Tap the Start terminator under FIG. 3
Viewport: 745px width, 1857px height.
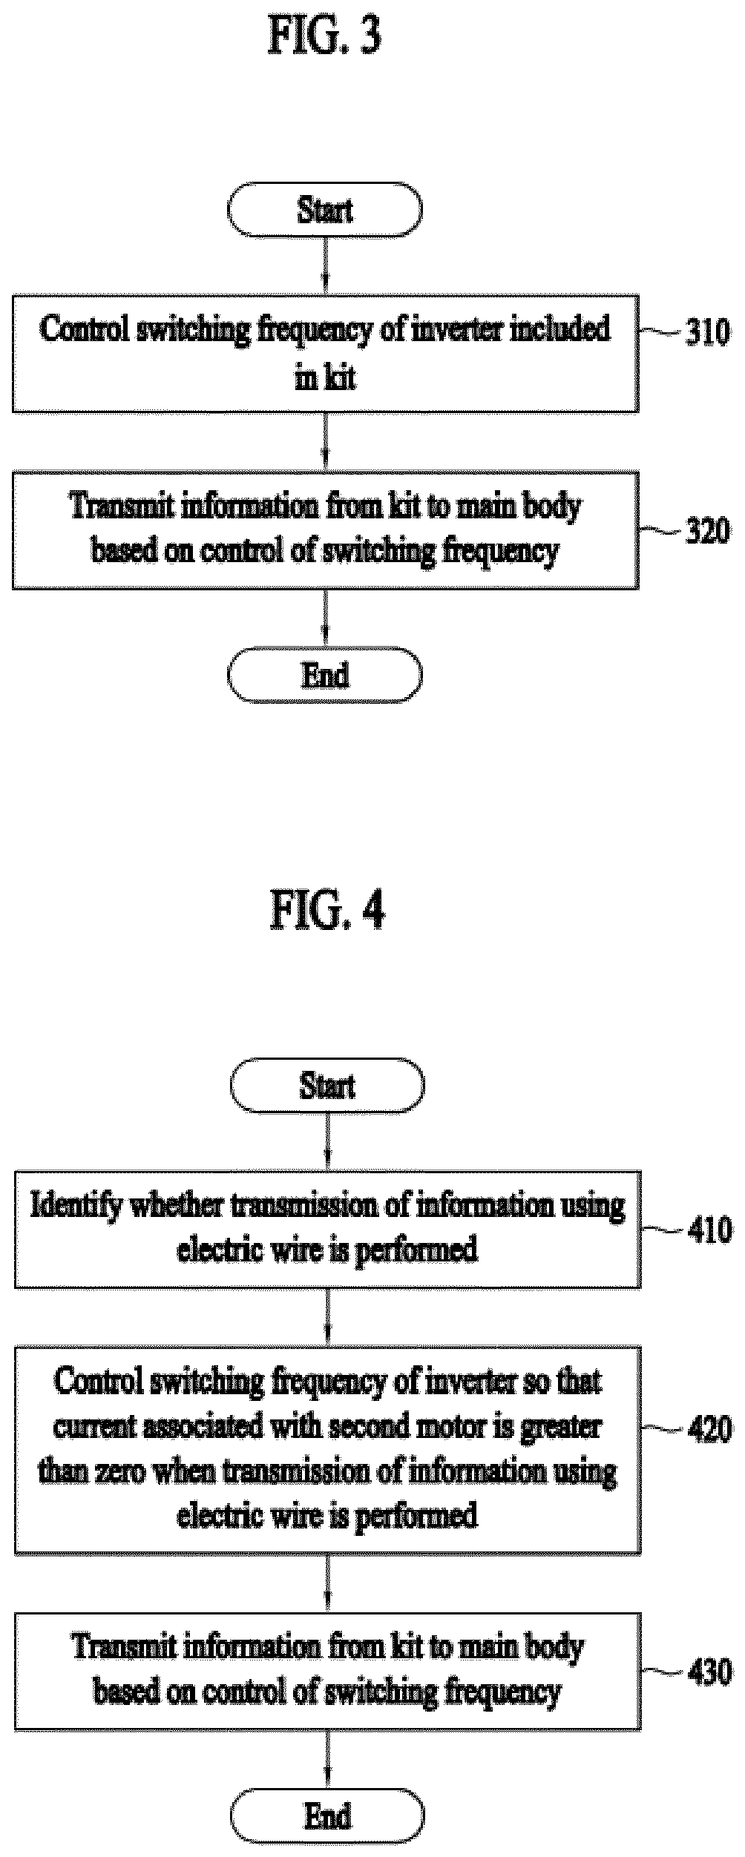click(x=324, y=210)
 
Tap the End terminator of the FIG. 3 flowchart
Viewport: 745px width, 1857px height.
click(x=324, y=675)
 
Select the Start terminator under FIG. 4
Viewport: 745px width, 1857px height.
click(x=327, y=1085)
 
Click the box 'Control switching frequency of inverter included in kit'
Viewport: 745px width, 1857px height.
click(x=325, y=354)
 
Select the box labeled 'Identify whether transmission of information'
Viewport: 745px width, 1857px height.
click(x=327, y=1229)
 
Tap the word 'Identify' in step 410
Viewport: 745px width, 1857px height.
click(x=76, y=1207)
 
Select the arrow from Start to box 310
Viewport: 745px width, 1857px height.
click(x=325, y=266)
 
